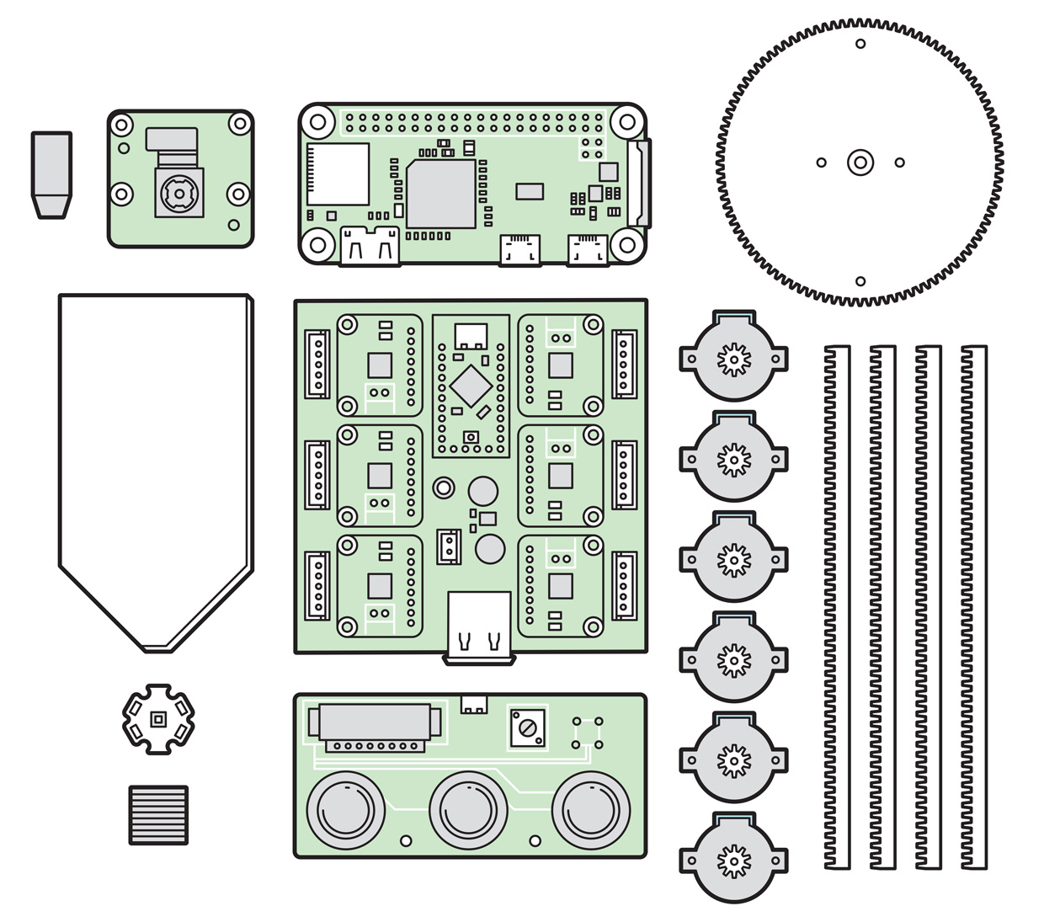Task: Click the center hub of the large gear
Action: [860, 163]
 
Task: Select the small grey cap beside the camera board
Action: [51, 173]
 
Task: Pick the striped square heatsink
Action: [158, 814]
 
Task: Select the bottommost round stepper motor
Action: [733, 860]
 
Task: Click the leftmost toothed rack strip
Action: [836, 606]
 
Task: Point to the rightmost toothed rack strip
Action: [975, 606]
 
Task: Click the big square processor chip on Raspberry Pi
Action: [441, 193]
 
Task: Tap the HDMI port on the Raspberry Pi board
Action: [369, 246]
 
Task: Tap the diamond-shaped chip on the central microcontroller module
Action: [471, 386]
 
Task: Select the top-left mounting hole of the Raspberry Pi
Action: [317, 121]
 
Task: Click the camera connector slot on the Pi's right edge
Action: [641, 184]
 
